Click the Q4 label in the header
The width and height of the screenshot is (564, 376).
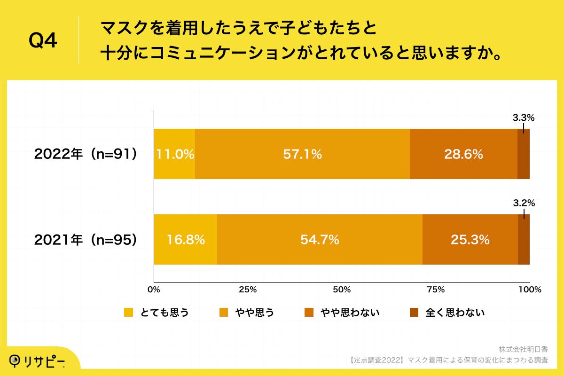point(43,41)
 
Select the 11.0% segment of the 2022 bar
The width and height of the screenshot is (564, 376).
point(174,154)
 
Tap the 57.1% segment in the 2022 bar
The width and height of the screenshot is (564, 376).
point(302,154)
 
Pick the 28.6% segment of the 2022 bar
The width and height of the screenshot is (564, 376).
point(463,154)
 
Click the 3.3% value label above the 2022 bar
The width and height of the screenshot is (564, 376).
point(524,118)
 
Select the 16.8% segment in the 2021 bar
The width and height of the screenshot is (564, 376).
point(186,240)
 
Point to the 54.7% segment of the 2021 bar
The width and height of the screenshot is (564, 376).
point(320,240)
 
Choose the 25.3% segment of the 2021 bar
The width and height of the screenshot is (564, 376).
point(470,240)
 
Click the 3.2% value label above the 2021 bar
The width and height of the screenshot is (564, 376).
point(524,204)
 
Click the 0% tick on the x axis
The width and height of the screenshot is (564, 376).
point(154,290)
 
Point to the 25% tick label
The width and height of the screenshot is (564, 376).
point(248,290)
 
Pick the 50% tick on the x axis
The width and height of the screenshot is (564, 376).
point(342,290)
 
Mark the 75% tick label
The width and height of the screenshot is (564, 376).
point(436,290)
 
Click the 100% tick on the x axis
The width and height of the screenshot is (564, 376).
point(530,290)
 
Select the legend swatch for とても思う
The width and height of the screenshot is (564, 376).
point(128,313)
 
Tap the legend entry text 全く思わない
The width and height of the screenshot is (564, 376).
point(454,313)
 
